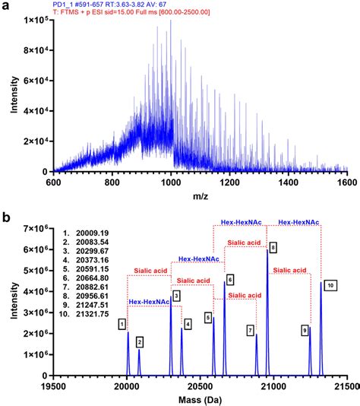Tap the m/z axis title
[x=200, y=198]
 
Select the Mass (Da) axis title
[x=200, y=397]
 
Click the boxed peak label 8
[x=273, y=247]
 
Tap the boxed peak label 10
[x=330, y=285]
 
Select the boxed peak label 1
[x=122, y=325]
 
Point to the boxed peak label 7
[x=250, y=330]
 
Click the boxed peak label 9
[x=305, y=330]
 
